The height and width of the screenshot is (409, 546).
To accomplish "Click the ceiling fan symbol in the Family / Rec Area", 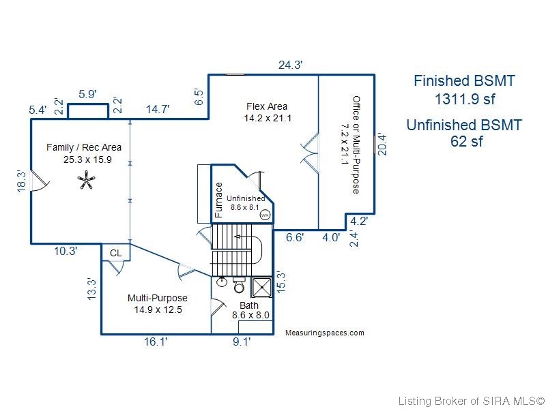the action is click(86, 180).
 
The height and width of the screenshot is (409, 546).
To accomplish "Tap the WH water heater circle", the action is click(265, 215).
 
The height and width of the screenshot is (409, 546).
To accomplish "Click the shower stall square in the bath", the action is click(261, 287).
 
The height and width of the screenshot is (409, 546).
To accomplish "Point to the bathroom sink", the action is click(221, 281).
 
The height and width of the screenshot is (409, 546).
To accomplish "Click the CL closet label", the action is click(115, 253).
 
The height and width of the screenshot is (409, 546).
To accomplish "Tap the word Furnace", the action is click(218, 200).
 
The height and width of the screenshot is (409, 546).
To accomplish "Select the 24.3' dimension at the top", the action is click(291, 65).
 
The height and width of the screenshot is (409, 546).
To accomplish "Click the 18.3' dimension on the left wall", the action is click(22, 181).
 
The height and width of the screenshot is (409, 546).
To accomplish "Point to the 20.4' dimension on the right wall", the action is click(382, 145).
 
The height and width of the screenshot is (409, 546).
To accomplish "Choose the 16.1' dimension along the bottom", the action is click(156, 342).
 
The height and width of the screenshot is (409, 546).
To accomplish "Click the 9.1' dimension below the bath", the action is click(242, 342).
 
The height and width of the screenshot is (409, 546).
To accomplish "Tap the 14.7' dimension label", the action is click(158, 109).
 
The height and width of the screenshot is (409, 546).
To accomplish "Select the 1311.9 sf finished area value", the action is click(465, 100).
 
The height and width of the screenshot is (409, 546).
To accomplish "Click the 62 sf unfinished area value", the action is click(467, 141).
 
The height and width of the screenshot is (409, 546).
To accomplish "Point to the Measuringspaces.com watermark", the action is click(325, 333).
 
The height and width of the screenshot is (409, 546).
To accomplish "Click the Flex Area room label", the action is click(267, 106).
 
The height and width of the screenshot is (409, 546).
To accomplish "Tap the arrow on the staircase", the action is click(248, 237).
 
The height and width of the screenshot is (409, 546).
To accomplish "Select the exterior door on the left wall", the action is click(40, 181).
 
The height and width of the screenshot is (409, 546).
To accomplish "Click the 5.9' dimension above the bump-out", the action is click(87, 94).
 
